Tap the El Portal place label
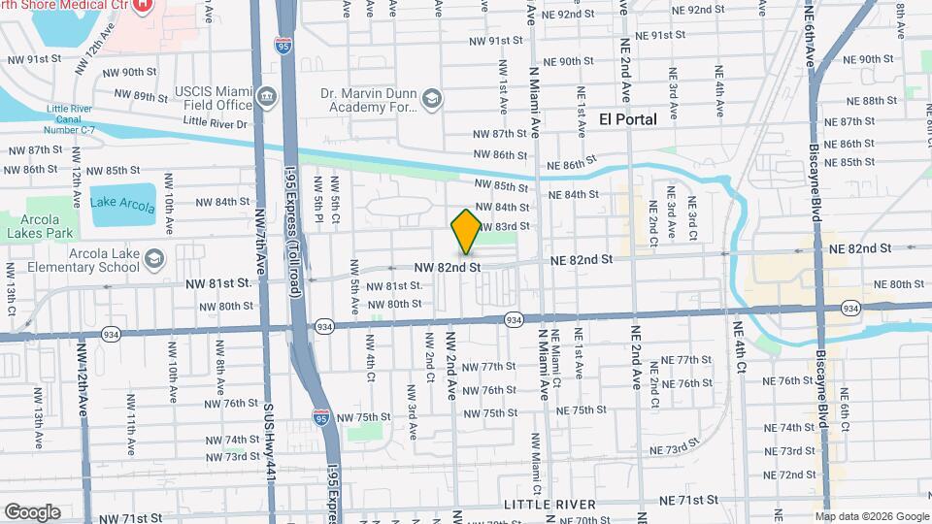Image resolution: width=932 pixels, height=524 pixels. point(628,119)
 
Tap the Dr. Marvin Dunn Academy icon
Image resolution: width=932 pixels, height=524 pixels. point(431,98)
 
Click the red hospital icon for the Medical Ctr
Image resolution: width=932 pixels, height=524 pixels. point(143,6)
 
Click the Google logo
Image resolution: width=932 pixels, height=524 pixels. point(32,512)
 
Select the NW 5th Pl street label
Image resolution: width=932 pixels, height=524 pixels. point(318,194)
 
